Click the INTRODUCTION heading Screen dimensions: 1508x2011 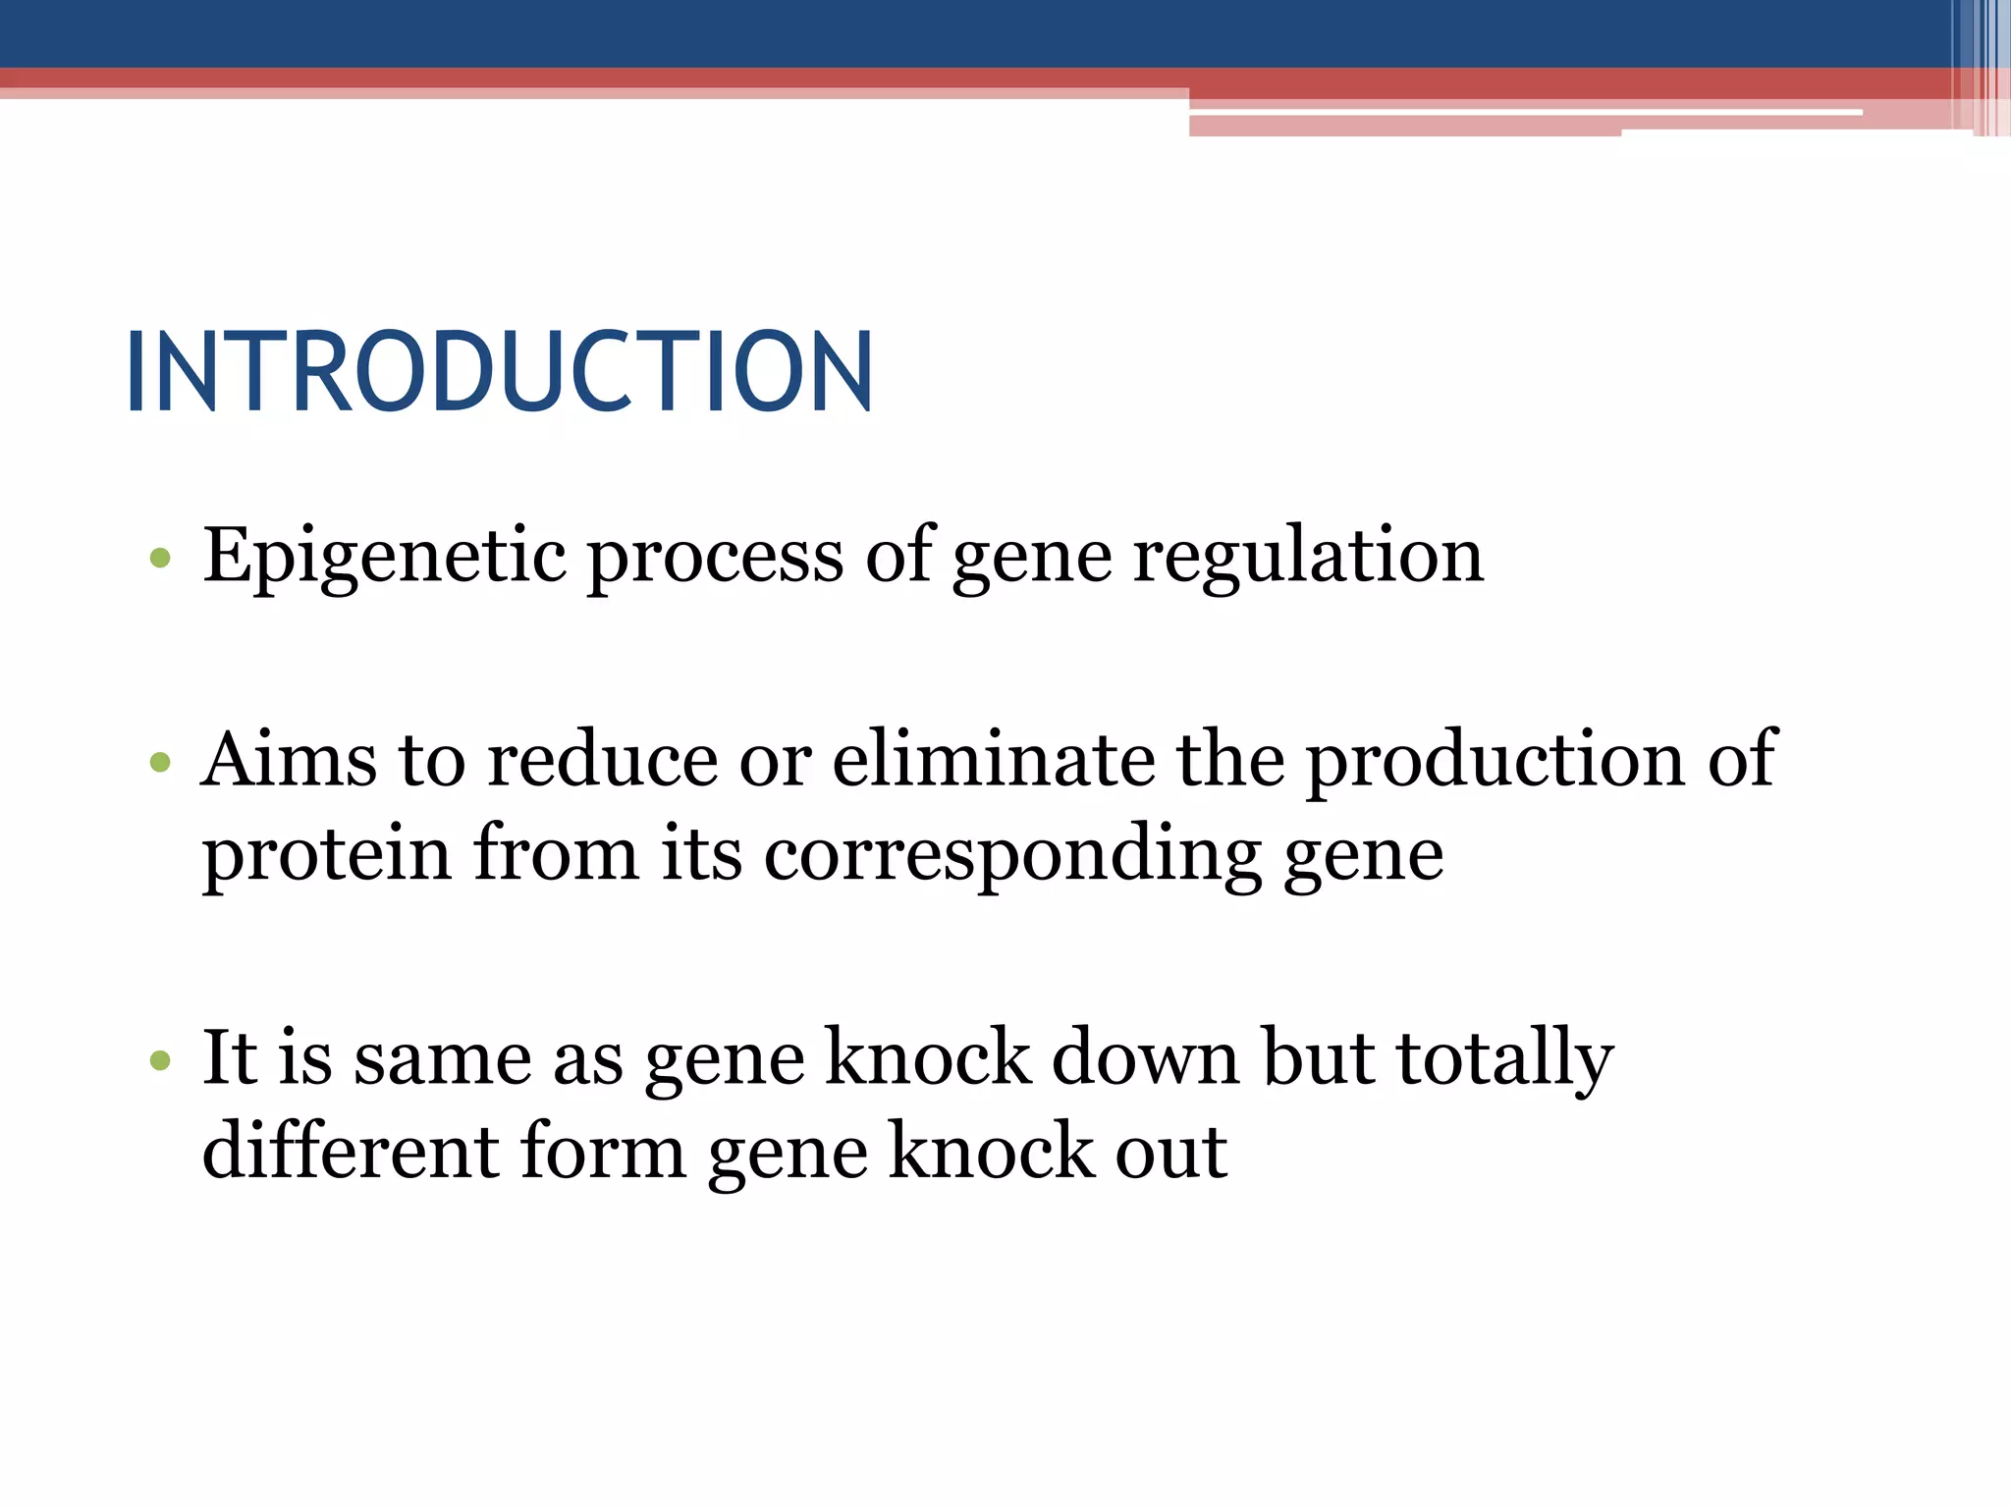(x=499, y=372)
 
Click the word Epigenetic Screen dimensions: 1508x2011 (x=384, y=557)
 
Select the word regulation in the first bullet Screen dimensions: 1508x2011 (x=1308, y=557)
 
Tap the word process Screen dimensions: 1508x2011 (x=714, y=557)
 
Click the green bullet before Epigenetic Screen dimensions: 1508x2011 (x=160, y=560)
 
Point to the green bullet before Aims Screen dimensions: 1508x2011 (x=160, y=762)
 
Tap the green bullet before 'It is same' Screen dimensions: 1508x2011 (x=160, y=1060)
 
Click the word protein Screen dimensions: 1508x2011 (x=326, y=854)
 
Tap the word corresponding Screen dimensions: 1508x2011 (x=1012, y=854)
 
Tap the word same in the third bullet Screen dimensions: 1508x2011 (x=442, y=1057)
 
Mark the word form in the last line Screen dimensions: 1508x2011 (x=603, y=1151)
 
